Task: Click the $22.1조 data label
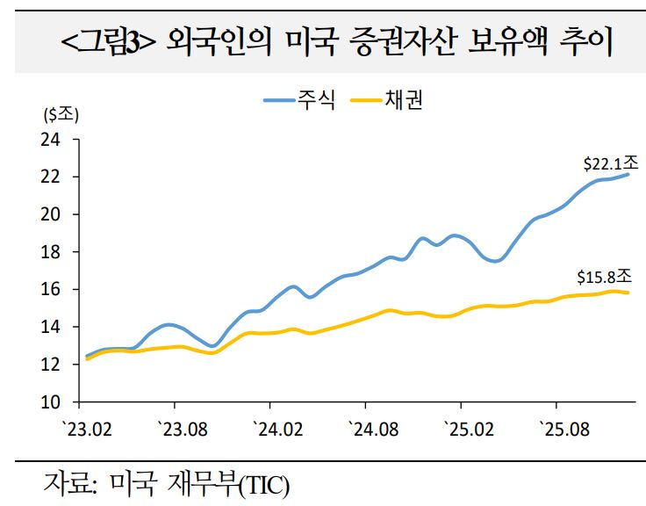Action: click(x=610, y=163)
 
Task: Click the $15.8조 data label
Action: click(x=605, y=278)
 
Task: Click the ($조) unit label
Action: click(x=60, y=113)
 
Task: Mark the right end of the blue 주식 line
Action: click(x=628, y=174)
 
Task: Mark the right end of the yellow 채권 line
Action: click(x=628, y=293)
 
